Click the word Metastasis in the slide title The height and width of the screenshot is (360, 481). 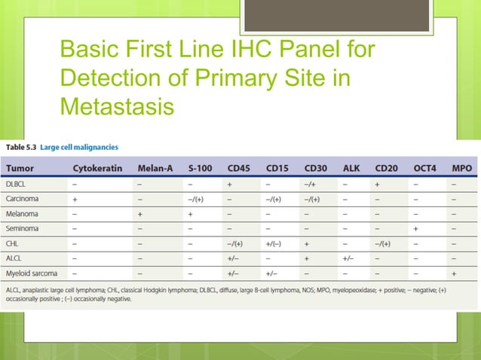tap(117, 106)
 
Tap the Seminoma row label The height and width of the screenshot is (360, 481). tap(23, 229)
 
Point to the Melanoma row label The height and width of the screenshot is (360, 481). tap(23, 214)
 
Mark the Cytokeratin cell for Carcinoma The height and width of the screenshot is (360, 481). tap(75, 199)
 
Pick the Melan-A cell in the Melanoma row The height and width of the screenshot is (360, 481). tap(141, 214)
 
